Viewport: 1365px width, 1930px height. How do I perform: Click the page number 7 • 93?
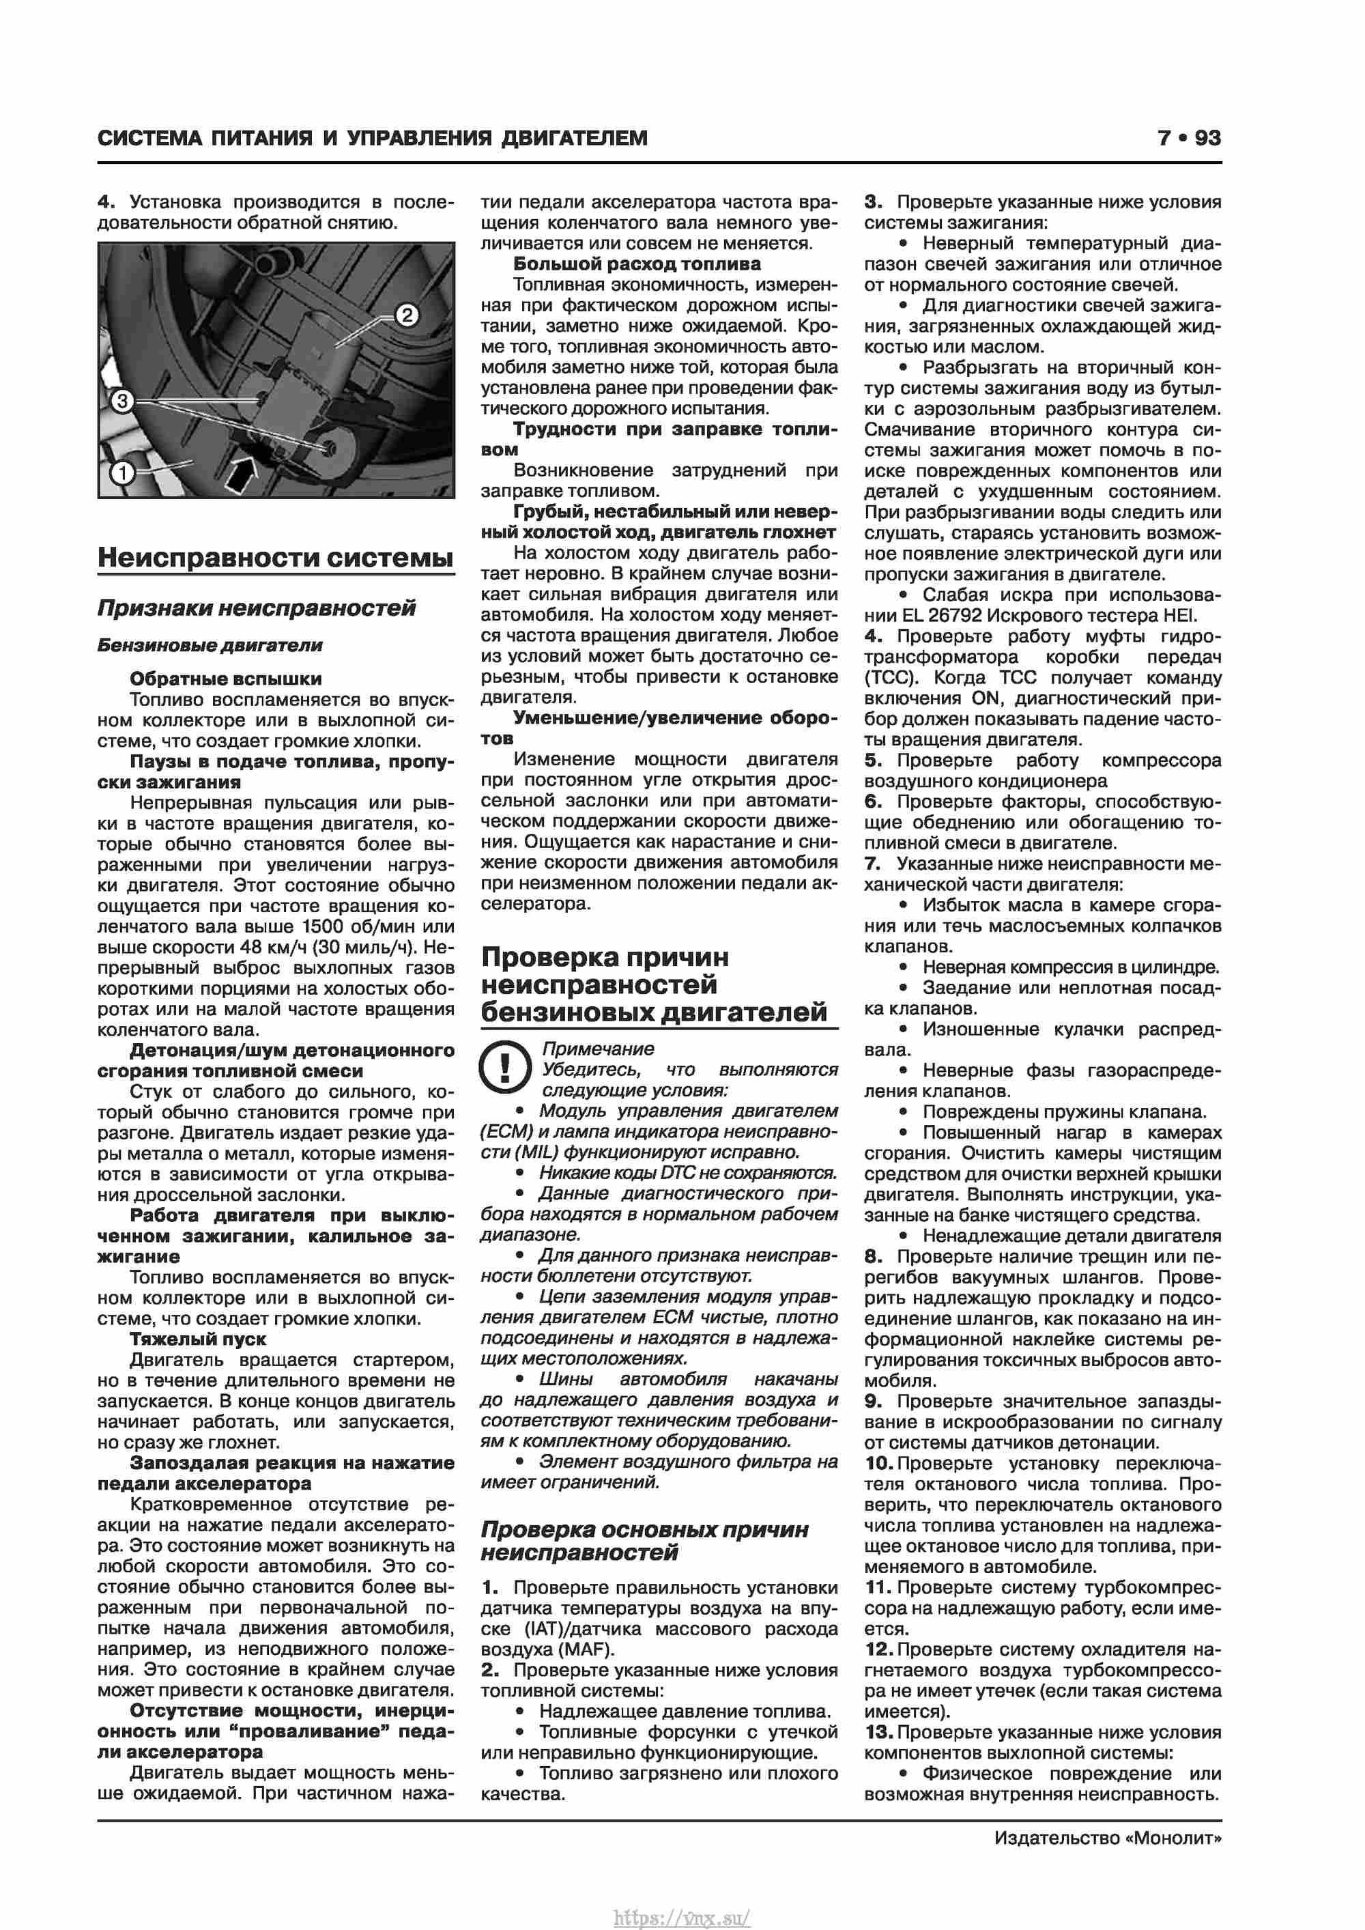point(1188,138)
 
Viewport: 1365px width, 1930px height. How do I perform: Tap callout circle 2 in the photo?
point(407,315)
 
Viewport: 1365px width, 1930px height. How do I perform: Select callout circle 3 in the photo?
point(123,401)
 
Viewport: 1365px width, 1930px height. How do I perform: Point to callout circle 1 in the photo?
point(123,473)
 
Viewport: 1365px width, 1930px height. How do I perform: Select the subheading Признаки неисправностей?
point(257,608)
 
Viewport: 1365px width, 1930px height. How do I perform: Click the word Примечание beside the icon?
point(598,1049)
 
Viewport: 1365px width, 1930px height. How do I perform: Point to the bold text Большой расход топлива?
point(637,264)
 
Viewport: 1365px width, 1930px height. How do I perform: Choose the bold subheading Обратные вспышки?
point(225,679)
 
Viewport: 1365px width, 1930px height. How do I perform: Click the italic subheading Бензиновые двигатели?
point(210,646)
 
